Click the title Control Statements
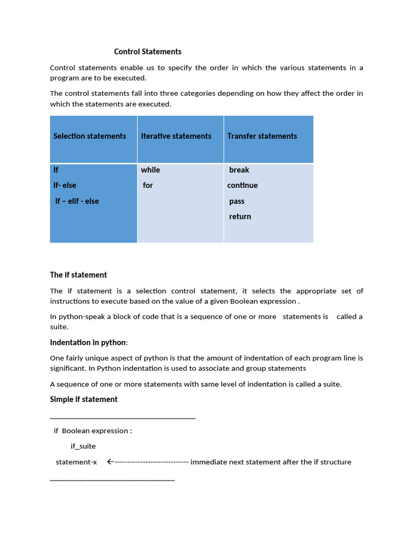coord(148,52)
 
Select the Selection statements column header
coord(89,136)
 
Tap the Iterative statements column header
coord(176,136)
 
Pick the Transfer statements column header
coord(262,136)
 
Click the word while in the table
coord(150,170)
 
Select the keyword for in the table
coord(148,186)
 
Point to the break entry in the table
coord(239,170)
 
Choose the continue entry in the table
coord(243,186)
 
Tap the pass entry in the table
coord(237,201)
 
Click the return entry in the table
coord(240,217)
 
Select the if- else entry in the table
coord(65,186)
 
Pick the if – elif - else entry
coord(77,201)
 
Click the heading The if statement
coord(79,275)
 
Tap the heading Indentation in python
coord(88,343)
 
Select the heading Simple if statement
coord(84,399)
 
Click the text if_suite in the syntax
coord(83,446)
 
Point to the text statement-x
coord(76,462)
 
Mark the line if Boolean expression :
coord(93,431)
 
